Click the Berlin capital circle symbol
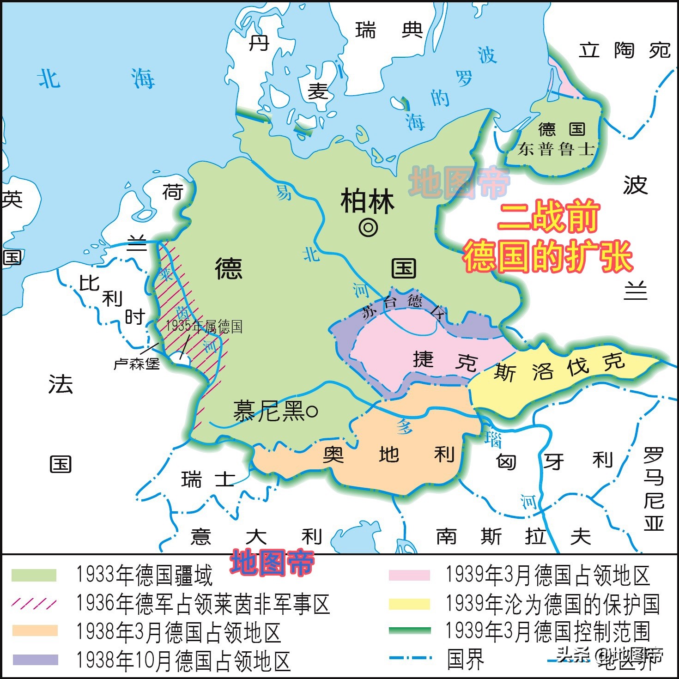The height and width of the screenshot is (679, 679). (x=368, y=227)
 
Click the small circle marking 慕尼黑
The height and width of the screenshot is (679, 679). (x=312, y=411)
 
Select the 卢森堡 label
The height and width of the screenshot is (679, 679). (x=137, y=364)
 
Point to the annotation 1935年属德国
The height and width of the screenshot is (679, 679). (x=204, y=327)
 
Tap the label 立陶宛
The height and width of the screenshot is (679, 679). (x=624, y=50)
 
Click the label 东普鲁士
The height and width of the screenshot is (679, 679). (x=556, y=149)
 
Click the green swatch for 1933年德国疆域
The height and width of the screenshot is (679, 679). (x=34, y=575)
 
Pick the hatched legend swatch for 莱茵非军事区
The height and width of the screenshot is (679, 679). (x=34, y=603)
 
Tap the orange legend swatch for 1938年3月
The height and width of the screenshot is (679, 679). (x=35, y=630)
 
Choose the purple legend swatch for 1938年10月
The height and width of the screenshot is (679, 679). (x=35, y=660)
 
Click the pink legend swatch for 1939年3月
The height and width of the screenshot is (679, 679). (x=409, y=575)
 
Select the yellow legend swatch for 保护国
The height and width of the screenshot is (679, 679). (x=409, y=604)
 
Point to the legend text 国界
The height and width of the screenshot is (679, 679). (x=465, y=659)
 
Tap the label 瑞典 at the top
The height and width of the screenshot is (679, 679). (x=389, y=30)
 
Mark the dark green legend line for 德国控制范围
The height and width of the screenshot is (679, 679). (x=409, y=631)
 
